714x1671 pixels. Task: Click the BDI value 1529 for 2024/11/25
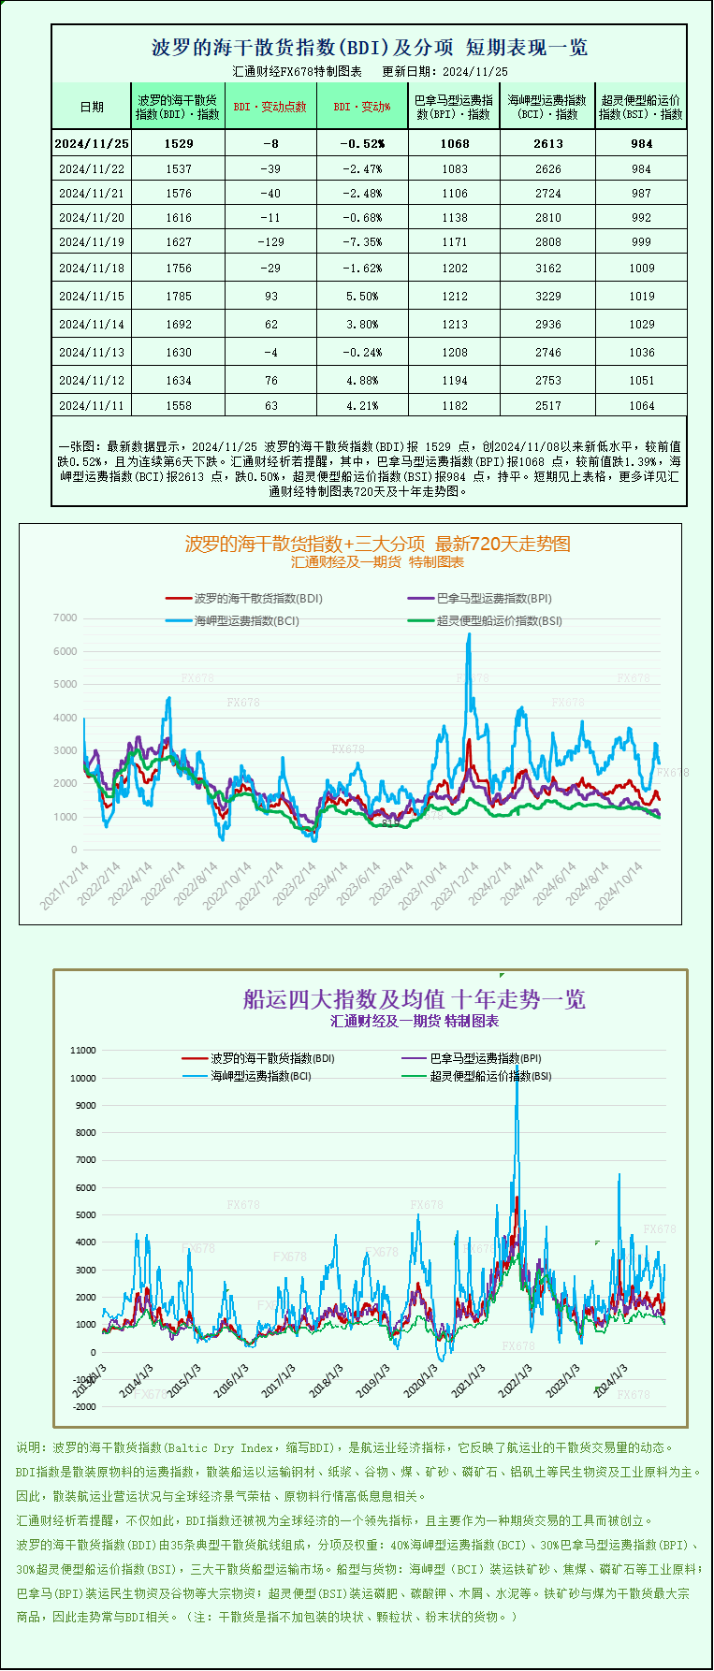tap(178, 143)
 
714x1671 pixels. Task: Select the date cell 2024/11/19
tap(92, 241)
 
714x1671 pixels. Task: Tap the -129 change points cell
tap(271, 241)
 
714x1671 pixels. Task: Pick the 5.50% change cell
tap(362, 296)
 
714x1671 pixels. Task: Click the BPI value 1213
tap(455, 324)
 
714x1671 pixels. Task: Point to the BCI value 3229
tap(548, 296)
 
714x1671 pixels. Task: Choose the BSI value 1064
tap(641, 405)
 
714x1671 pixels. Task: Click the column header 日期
tap(92, 107)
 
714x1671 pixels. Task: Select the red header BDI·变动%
tap(362, 107)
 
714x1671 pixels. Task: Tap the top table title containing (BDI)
tap(370, 48)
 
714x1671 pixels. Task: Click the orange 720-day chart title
tap(377, 544)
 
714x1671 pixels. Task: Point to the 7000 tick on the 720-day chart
tap(66, 618)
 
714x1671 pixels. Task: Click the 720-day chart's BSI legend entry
tap(499, 620)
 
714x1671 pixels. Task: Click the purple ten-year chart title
tap(414, 999)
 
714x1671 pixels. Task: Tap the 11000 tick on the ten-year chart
tap(83, 1050)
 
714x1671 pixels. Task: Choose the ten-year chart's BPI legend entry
tap(485, 1058)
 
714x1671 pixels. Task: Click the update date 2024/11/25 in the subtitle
tap(474, 71)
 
